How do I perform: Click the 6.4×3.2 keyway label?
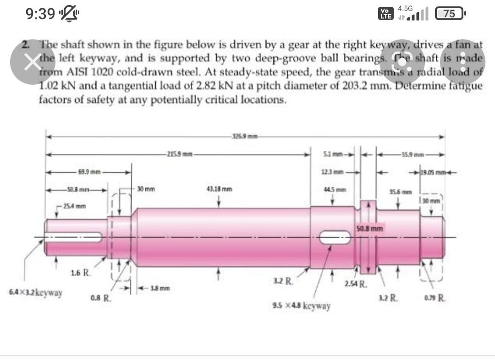[x=36, y=292]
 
